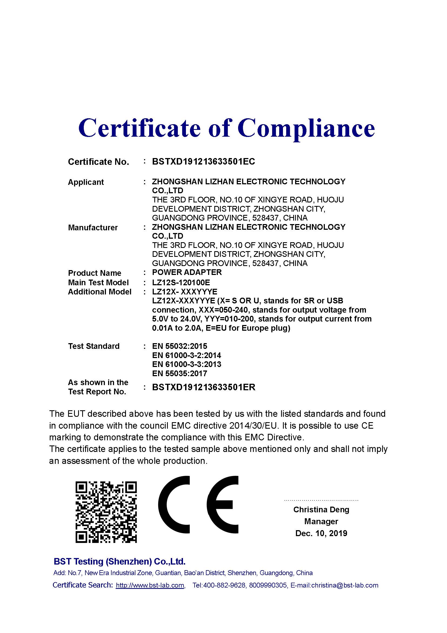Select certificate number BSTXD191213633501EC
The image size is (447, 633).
204,162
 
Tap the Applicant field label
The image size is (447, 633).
86,182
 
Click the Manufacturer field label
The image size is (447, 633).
93,228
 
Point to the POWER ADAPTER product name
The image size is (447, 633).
187,273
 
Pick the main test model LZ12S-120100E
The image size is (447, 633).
181,282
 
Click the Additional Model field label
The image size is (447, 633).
100,292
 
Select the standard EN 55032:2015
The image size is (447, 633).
179,346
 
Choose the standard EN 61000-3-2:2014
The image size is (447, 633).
186,355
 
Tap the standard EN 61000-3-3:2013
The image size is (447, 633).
186,365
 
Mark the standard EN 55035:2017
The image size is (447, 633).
179,373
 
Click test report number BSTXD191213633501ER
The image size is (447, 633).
204,387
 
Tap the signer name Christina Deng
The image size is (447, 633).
321,510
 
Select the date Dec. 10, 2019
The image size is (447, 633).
321,533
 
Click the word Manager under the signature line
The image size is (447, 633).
321,522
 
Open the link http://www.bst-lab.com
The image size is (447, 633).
150,586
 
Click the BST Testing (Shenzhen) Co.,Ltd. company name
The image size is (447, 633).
119,561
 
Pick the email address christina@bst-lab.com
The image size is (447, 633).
345,586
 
